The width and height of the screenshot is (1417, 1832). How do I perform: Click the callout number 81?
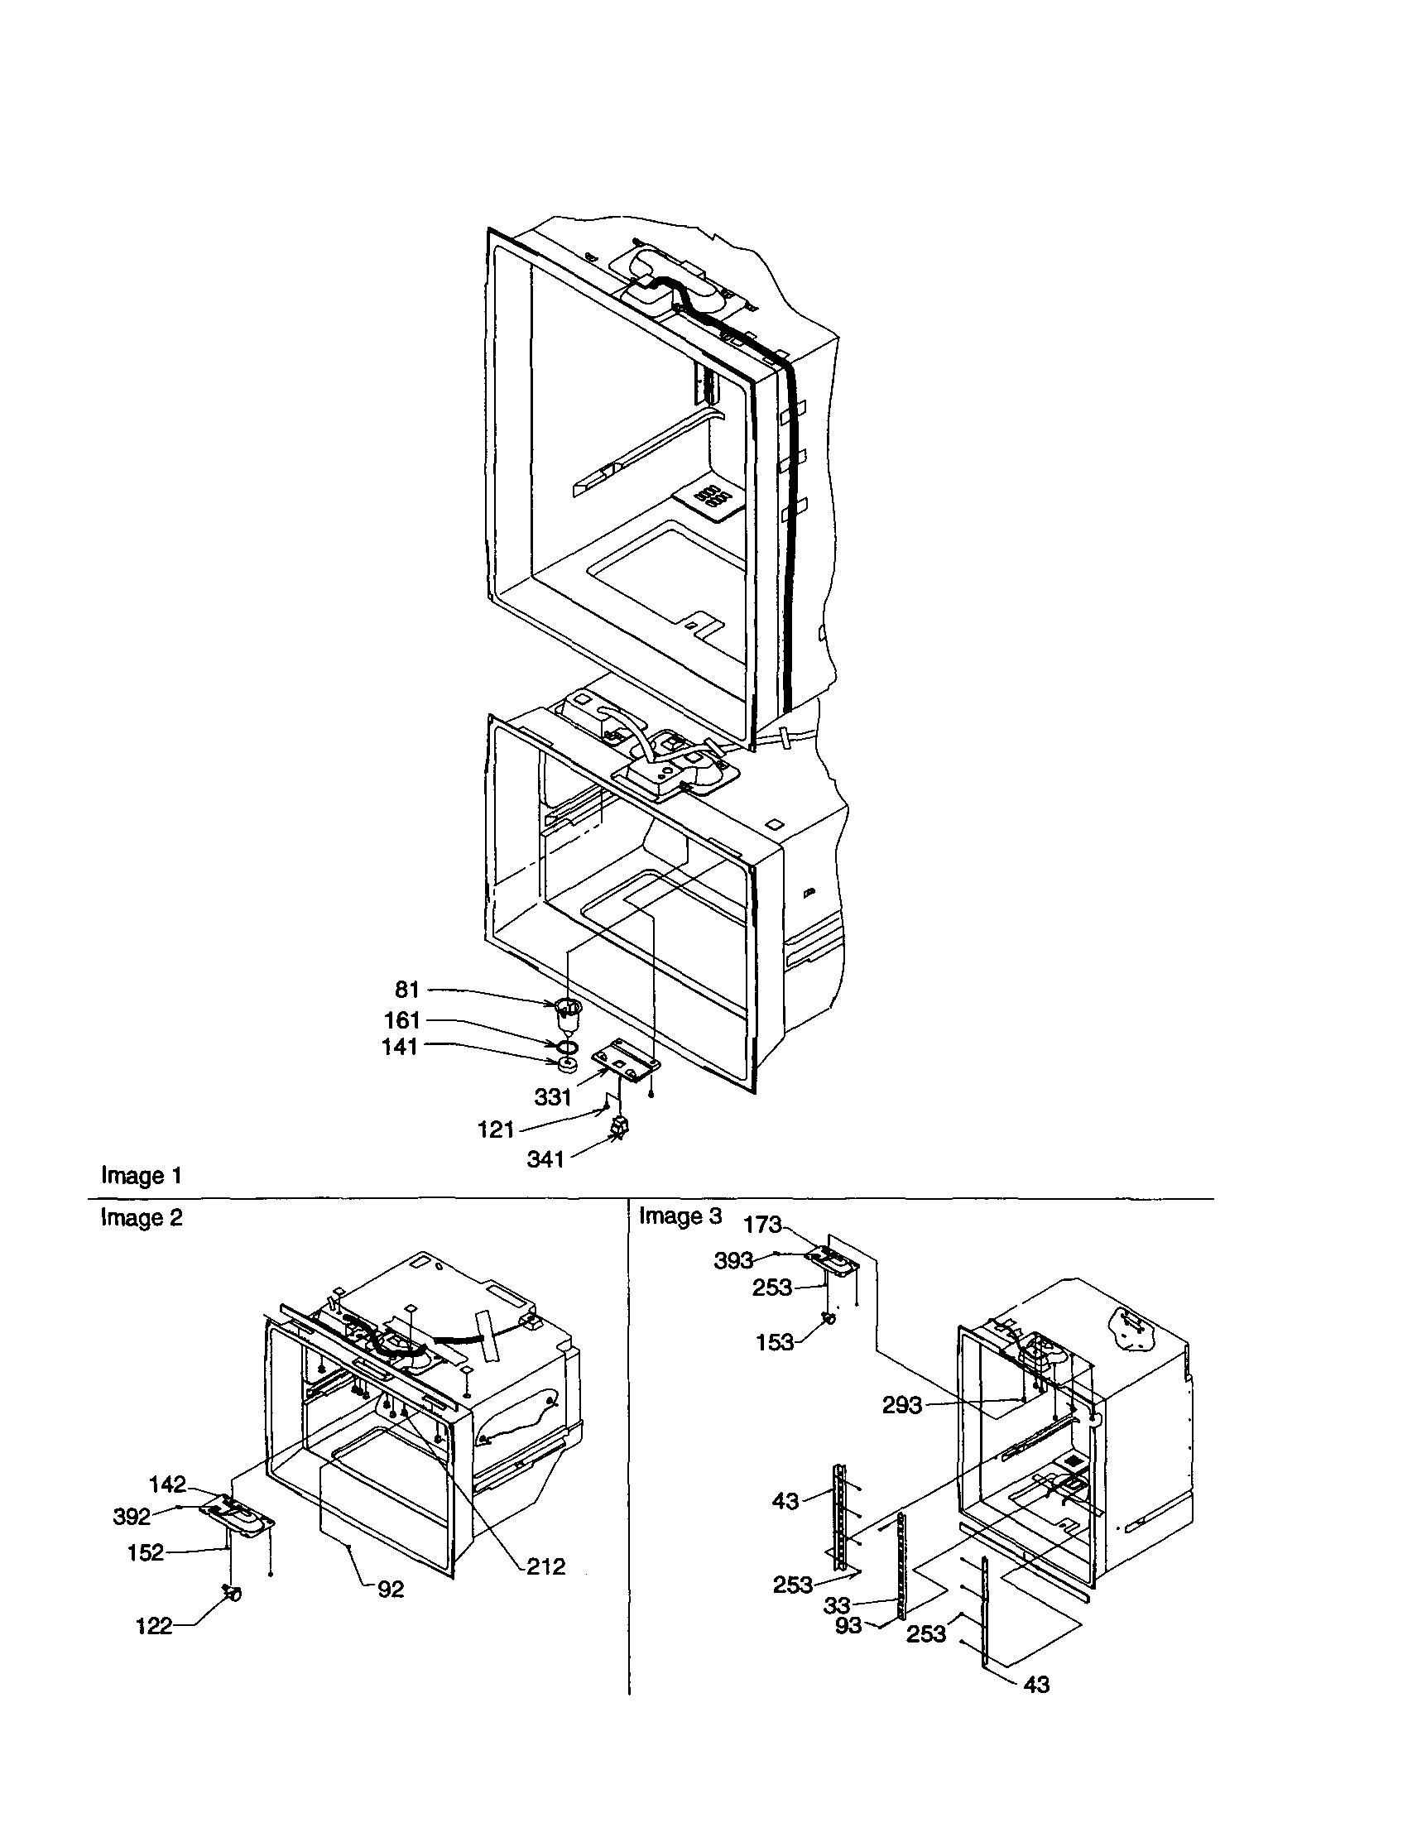pos(407,990)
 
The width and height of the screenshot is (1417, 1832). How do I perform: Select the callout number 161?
pos(402,1021)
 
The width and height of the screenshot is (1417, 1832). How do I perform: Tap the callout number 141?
pos(399,1047)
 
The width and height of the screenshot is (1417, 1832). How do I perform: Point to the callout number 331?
pos(553,1096)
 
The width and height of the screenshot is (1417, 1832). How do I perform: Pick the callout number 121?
pos(496,1130)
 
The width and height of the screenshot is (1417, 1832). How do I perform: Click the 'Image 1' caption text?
pos(141,1176)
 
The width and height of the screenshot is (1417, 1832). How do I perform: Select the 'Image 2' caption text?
pos(141,1217)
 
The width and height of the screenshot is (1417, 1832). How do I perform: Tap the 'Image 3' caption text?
pos(680,1216)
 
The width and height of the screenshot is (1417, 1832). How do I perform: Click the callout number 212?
pos(546,1566)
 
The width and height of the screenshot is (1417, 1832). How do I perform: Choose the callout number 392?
pos(132,1517)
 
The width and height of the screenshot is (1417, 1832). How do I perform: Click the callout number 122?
pos(155,1627)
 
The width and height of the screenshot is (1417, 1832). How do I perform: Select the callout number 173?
pos(762,1225)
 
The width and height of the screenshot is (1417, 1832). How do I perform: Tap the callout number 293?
pos(902,1405)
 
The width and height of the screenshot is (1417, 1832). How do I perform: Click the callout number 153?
pos(775,1343)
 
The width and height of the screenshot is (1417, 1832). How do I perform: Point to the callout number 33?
pos(838,1605)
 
